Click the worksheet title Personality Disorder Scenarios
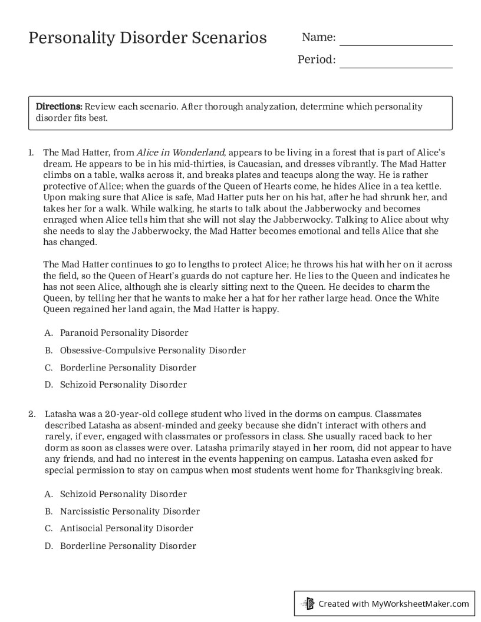(147, 38)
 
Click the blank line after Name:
(396, 41)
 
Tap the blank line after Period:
(396, 64)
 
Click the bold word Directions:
(59, 107)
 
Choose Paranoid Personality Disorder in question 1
(124, 333)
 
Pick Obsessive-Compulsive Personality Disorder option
(153, 350)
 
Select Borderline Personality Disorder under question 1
(128, 368)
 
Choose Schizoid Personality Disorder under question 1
(123, 385)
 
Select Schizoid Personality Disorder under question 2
(123, 494)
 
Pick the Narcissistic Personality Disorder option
(130, 511)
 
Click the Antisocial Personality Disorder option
(126, 528)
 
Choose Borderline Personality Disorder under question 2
(128, 546)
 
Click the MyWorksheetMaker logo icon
(308, 603)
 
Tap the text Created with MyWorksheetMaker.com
(393, 603)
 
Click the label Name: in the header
(318, 38)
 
